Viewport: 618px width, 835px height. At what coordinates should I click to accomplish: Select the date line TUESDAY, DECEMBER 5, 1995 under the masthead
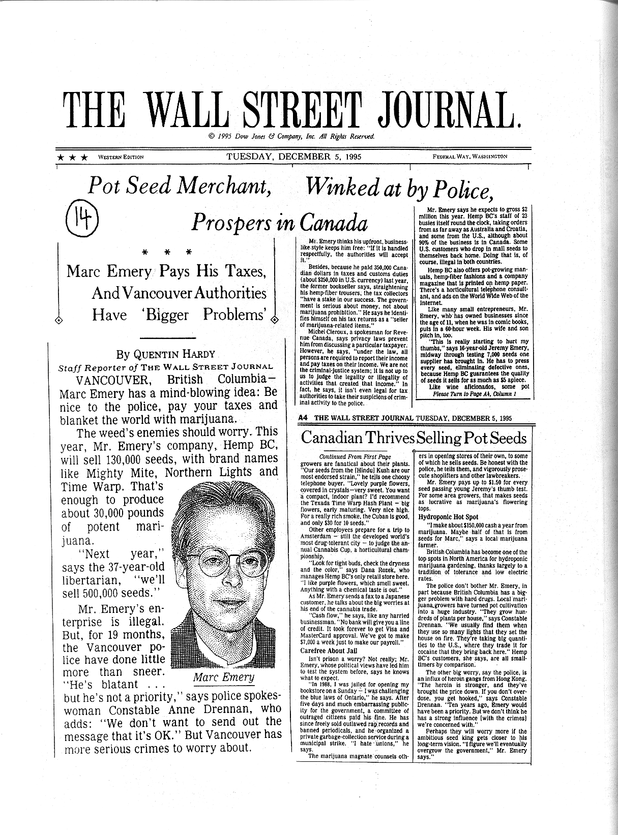click(294, 157)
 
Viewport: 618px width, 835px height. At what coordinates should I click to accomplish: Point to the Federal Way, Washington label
click(469, 157)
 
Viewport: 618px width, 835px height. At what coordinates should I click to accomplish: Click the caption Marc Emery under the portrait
click(223, 677)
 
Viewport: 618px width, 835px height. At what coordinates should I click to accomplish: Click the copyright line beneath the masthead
click(291, 136)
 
